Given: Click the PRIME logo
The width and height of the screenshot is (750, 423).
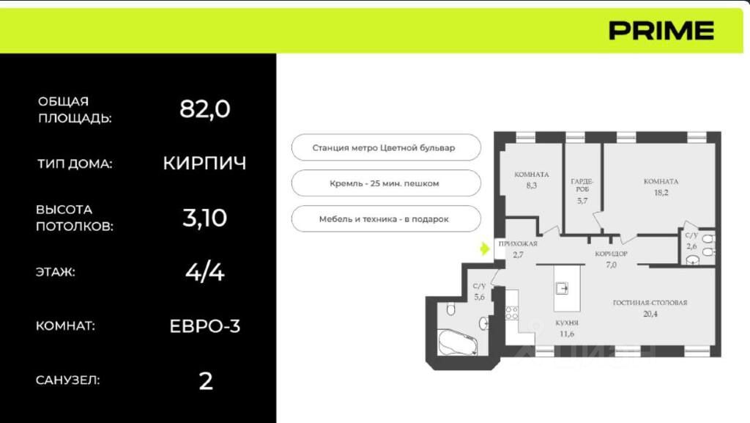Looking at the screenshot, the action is coord(661,31).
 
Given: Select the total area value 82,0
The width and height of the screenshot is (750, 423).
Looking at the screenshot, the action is coord(205,109).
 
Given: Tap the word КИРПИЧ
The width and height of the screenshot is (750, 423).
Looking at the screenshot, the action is coord(205,163).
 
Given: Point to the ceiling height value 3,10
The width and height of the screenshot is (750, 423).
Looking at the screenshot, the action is coord(205,218).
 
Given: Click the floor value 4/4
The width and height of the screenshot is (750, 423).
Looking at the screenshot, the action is coord(205,272).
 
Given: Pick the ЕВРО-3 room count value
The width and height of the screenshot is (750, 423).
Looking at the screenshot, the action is coord(205,325).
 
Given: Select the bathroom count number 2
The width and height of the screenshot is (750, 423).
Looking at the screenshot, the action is coord(206,381).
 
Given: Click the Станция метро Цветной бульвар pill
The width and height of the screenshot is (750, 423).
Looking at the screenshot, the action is coord(386,147).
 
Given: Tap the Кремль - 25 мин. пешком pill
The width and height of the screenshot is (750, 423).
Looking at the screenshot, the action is coord(386,183).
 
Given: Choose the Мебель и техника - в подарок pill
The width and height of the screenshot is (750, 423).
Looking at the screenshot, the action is coord(386,218).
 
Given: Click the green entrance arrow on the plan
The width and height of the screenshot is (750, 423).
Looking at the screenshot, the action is coord(485,249).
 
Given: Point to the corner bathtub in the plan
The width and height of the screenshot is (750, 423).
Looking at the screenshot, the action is coord(458,342).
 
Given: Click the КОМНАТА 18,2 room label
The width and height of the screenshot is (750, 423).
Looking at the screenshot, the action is coord(661,187).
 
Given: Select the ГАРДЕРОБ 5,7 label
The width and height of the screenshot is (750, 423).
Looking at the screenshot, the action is coord(582,191).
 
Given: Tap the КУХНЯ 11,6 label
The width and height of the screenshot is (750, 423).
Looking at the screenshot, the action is coord(567,328).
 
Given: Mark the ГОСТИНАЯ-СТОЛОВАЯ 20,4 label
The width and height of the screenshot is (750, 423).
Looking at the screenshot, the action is coord(650,308).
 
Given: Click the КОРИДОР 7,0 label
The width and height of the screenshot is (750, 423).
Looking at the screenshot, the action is coord(612,259).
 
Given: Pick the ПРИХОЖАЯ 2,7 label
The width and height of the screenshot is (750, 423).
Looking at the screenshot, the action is coord(518,249).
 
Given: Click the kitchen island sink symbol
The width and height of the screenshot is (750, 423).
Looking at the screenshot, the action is coord(562,289).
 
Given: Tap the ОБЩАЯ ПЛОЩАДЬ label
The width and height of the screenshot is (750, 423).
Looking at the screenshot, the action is coord(75,109).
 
